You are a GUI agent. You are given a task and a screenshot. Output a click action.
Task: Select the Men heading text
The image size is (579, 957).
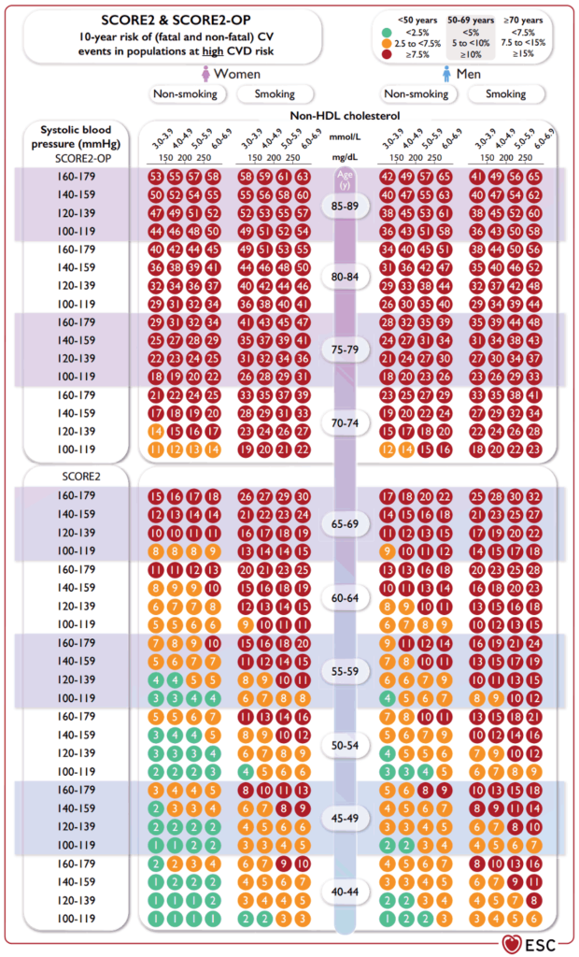474,74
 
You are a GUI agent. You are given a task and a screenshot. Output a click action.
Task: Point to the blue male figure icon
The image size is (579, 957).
446,74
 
